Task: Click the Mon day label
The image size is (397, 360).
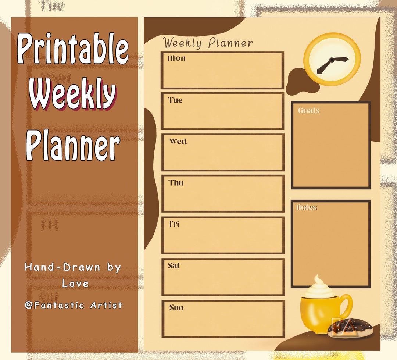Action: pyautogui.click(x=176, y=58)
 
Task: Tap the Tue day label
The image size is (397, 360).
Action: pyautogui.click(x=175, y=100)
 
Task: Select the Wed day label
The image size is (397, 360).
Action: pyautogui.click(x=178, y=142)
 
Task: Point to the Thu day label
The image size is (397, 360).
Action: pyautogui.click(x=176, y=183)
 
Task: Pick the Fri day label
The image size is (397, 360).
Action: pyautogui.click(x=175, y=224)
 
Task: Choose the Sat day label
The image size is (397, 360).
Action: pyautogui.click(x=174, y=265)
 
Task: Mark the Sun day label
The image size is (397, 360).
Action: pyautogui.click(x=176, y=307)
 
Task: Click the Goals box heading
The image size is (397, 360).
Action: pyautogui.click(x=308, y=110)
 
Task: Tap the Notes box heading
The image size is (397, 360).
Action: pyautogui.click(x=307, y=207)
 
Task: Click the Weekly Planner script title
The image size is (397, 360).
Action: pyautogui.click(x=208, y=43)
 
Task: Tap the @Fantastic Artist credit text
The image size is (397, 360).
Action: pyautogui.click(x=74, y=305)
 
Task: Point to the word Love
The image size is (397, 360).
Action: pyautogui.click(x=75, y=284)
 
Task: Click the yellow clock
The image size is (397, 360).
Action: pyautogui.click(x=332, y=59)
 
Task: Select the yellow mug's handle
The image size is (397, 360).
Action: pyautogui.click(x=347, y=307)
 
